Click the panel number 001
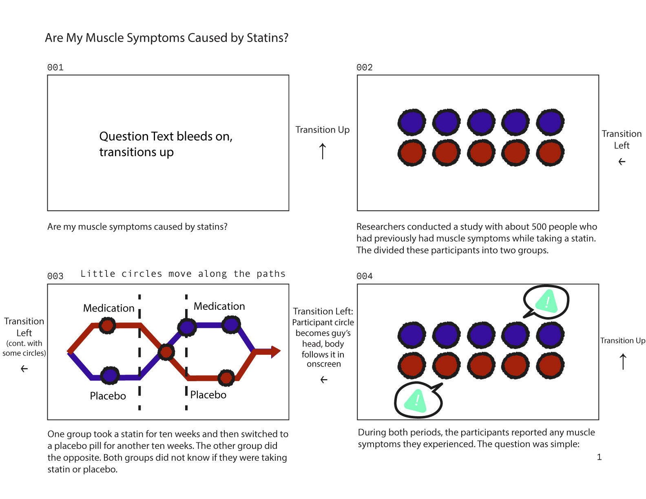55,67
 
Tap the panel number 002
365,67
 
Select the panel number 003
55,276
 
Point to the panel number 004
365,276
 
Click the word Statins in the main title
267,38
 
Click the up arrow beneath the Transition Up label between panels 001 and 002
323,151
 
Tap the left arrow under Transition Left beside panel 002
622,162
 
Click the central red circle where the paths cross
166,351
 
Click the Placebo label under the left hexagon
108,396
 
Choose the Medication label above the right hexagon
219,306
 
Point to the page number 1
599,457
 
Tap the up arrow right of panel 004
623,362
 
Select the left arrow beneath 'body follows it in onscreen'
324,380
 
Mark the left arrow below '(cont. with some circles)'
24,369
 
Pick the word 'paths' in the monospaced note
271,274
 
